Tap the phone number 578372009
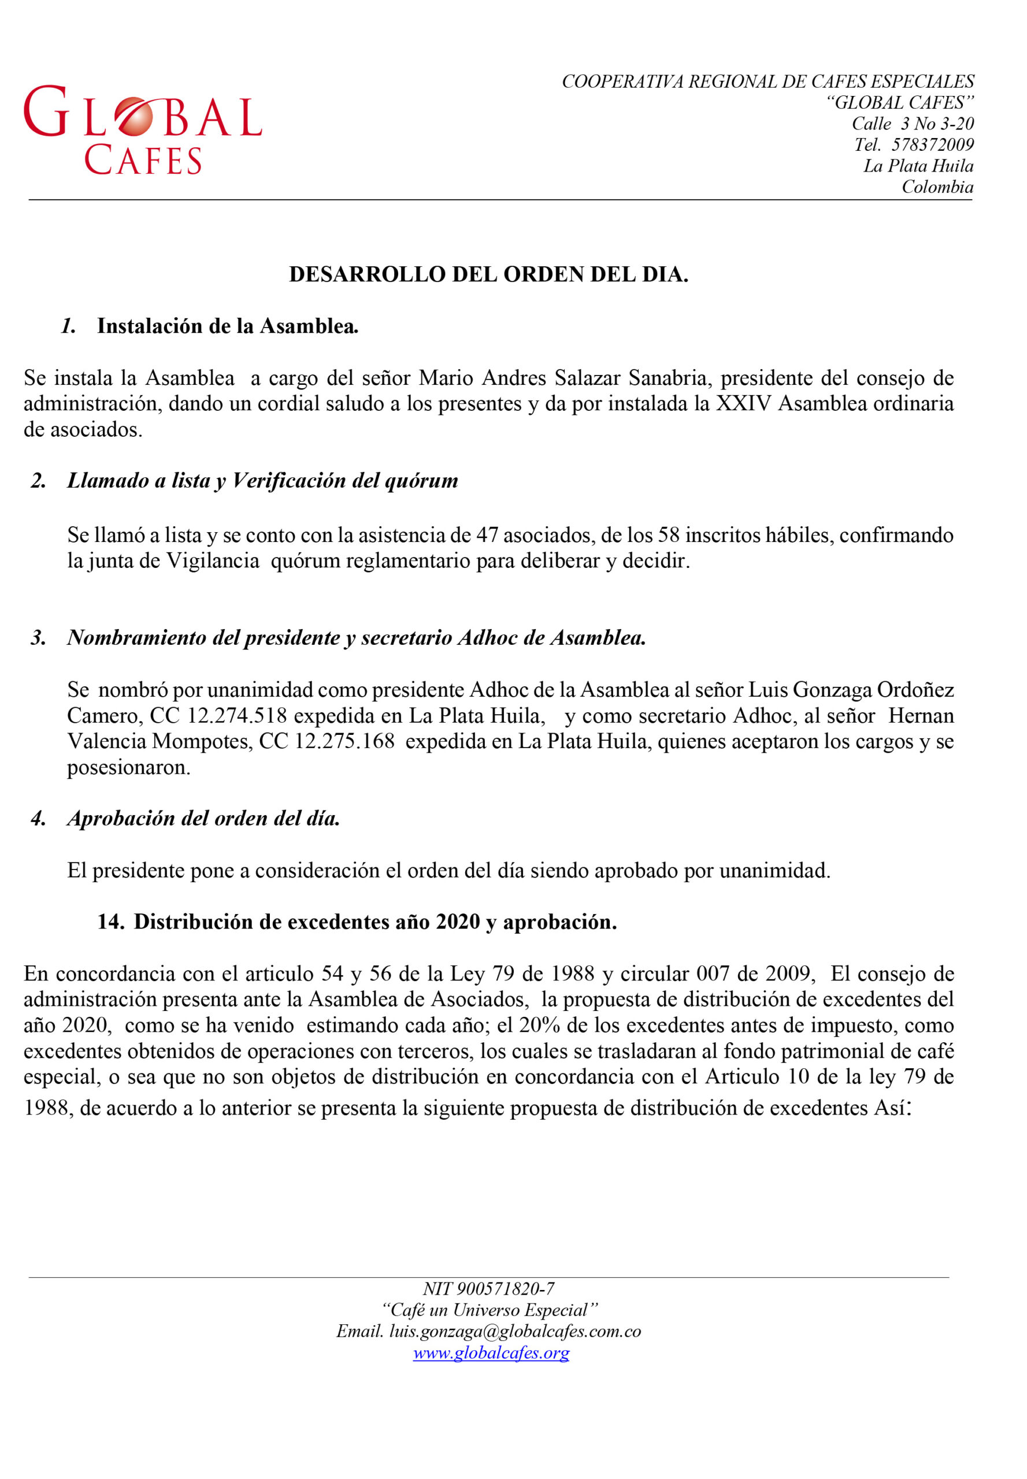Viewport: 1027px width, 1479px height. pyautogui.click(x=932, y=145)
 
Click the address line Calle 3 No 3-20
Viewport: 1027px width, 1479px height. pyautogui.click(x=912, y=124)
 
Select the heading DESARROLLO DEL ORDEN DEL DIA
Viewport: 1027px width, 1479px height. pyautogui.click(x=488, y=274)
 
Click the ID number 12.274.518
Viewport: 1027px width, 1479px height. pyautogui.click(x=236, y=715)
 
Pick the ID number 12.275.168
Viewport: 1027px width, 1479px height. pyautogui.click(x=344, y=741)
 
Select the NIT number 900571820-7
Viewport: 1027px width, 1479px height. pyautogui.click(x=505, y=1288)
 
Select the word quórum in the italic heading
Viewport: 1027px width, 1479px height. pyautogui.click(x=421, y=481)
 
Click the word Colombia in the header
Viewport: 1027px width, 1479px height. pyautogui.click(x=937, y=187)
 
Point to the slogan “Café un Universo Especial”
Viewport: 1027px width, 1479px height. pyautogui.click(x=490, y=1310)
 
